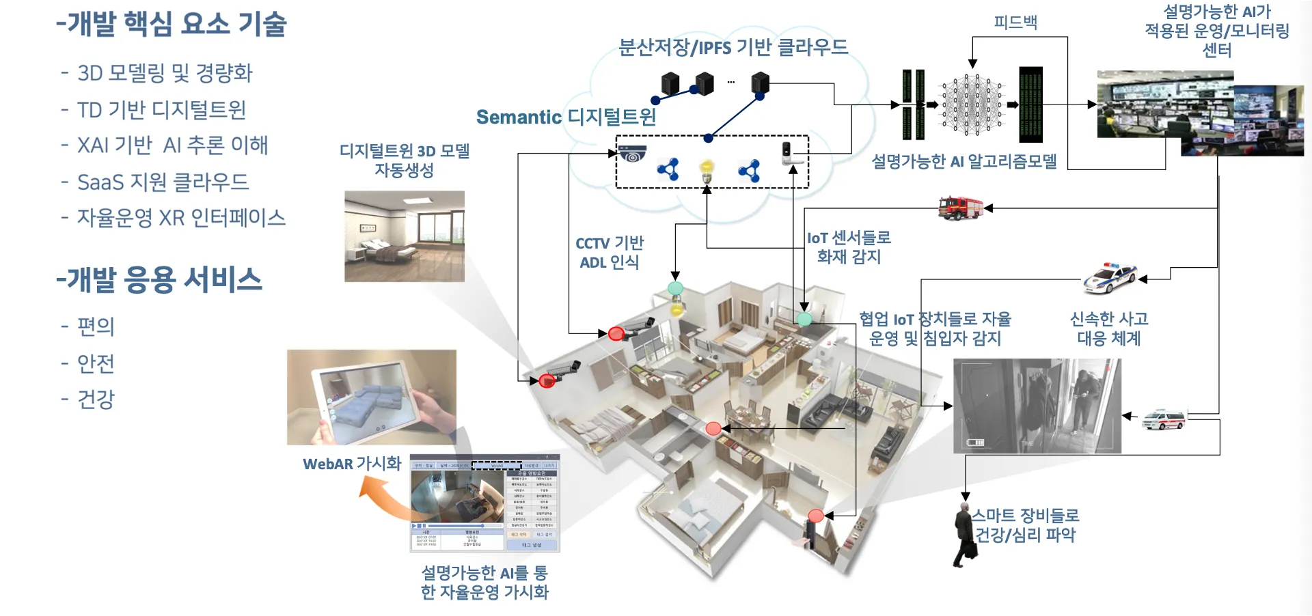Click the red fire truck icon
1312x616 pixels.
(x=960, y=208)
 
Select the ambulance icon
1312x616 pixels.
(x=1164, y=419)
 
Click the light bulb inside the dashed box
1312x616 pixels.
(x=707, y=169)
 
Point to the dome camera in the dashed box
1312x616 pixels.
(x=632, y=154)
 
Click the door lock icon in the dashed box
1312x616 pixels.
(x=787, y=153)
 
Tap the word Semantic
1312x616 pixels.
(x=519, y=117)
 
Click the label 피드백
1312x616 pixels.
(x=1015, y=23)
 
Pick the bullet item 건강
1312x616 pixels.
(x=96, y=399)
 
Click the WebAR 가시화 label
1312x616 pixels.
(x=352, y=464)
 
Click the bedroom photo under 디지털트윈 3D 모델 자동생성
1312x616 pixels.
(x=405, y=236)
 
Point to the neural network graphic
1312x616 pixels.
(x=972, y=104)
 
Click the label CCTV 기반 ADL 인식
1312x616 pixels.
(x=610, y=253)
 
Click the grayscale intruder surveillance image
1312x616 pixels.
(x=1037, y=406)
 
